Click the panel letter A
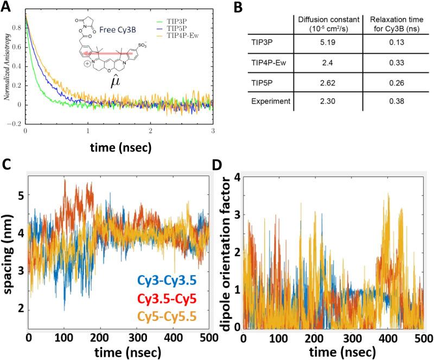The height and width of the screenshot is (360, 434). tap(7, 7)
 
